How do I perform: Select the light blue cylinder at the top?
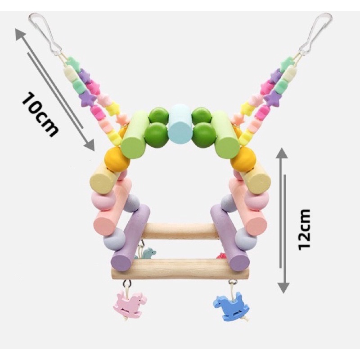click(180, 124)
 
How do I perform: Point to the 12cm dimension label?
click(304, 229)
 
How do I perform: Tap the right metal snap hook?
click(316, 33)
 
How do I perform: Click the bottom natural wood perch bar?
click(180, 269)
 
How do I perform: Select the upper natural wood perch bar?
click(180, 231)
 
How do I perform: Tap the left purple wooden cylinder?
click(130, 238)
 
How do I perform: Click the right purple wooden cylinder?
click(230, 238)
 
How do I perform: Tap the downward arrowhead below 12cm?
click(284, 288)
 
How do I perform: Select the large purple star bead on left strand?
click(87, 98)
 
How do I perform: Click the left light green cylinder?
click(135, 135)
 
